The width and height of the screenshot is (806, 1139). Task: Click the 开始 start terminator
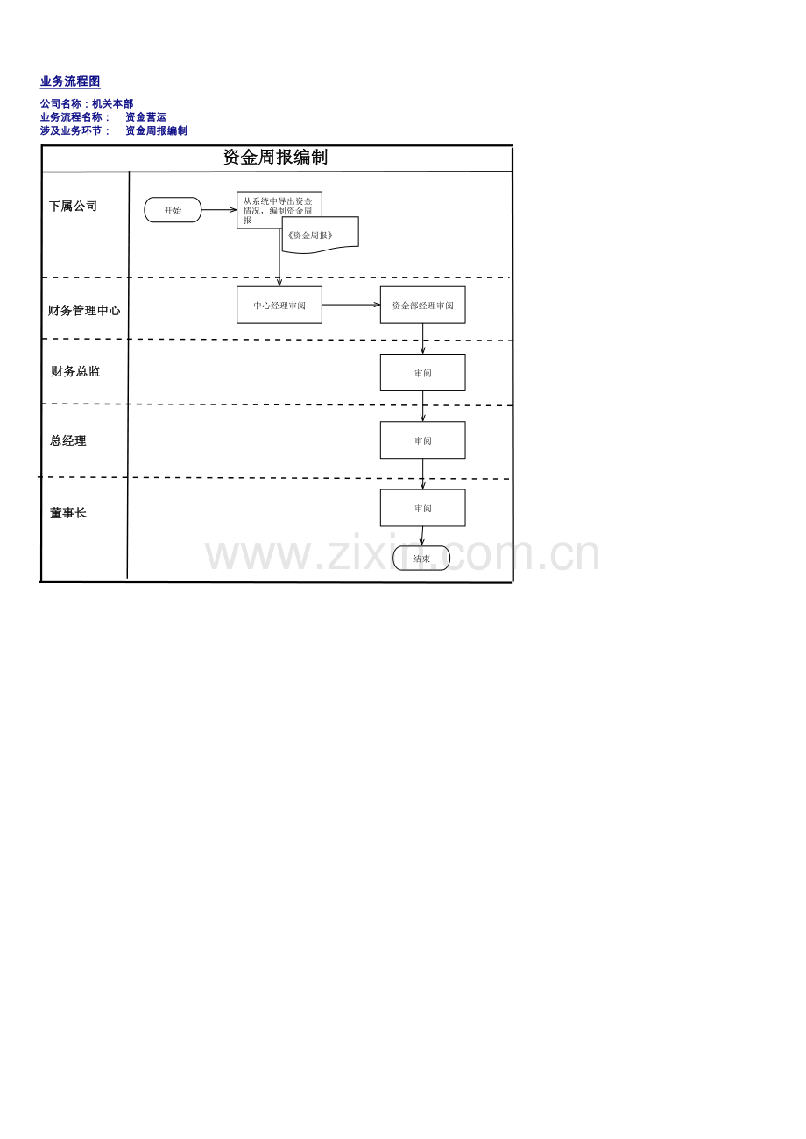[173, 210]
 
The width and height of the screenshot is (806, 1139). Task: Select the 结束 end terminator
[421, 559]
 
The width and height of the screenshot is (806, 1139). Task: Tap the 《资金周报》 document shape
[320, 235]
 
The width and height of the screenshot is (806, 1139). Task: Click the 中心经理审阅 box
[279, 305]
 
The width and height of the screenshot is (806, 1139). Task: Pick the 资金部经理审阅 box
[423, 305]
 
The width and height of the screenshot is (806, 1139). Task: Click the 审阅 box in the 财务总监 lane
[423, 373]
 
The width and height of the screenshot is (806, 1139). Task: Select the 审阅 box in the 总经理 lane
[423, 440]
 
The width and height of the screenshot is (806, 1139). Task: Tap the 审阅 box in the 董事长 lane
[423, 508]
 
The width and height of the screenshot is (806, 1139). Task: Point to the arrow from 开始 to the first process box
[219, 210]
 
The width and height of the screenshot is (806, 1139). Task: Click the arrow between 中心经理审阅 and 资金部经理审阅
[351, 305]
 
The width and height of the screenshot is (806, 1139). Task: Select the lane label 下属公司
[73, 207]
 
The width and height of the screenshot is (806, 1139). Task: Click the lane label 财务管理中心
[84, 310]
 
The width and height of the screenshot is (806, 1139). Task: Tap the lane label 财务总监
[75, 372]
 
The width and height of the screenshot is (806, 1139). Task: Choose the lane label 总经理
[68, 441]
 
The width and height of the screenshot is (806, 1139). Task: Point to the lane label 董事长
[68, 513]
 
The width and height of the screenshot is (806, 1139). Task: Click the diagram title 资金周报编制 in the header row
[275, 157]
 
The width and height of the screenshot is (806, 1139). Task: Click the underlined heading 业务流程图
[70, 81]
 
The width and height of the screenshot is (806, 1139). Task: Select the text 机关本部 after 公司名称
[112, 103]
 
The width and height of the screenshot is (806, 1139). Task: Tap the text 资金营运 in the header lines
[146, 117]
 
